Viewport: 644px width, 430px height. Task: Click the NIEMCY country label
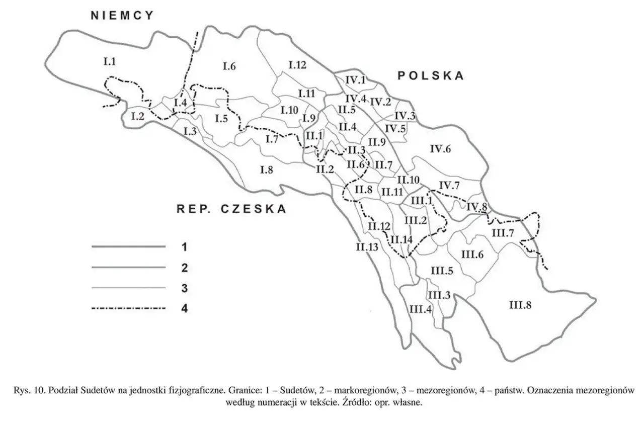pyautogui.click(x=122, y=16)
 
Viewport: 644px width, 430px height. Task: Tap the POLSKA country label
pyautogui.click(x=431, y=76)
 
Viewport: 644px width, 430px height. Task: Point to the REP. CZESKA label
pyautogui.click(x=231, y=209)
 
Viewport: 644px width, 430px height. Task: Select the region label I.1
pyautogui.click(x=110, y=62)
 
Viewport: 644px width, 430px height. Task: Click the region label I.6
pyautogui.click(x=229, y=65)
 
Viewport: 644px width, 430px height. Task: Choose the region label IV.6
pyautogui.click(x=441, y=148)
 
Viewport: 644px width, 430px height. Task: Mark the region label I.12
pyautogui.click(x=297, y=64)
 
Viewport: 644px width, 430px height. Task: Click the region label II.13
pyautogui.click(x=367, y=246)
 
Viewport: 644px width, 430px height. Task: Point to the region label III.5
pyautogui.click(x=442, y=271)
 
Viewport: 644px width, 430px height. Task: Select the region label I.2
pyautogui.click(x=138, y=116)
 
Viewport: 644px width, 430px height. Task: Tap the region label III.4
pyautogui.click(x=421, y=309)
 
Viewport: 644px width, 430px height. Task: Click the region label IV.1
pyautogui.click(x=356, y=79)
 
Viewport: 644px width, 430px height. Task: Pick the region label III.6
pyautogui.click(x=472, y=254)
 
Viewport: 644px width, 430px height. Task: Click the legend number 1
pyautogui.click(x=184, y=247)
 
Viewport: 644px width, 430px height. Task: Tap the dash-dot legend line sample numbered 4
pyautogui.click(x=129, y=308)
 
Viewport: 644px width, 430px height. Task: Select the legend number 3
pyautogui.click(x=184, y=288)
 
